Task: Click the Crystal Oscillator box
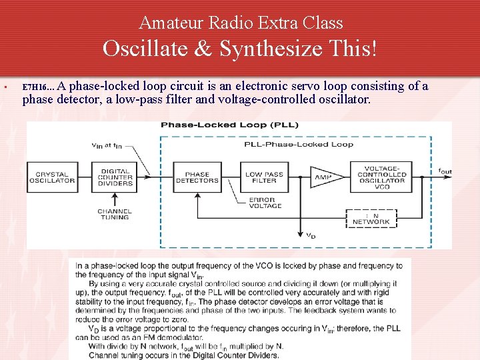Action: [x=52, y=177]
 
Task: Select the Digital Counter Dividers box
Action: [x=115, y=177]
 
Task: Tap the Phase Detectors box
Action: [x=197, y=177]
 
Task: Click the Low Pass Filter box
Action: [x=264, y=177]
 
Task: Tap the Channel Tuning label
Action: [x=115, y=214]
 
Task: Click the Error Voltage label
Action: [x=265, y=203]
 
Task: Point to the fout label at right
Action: [x=445, y=171]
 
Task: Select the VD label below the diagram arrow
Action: [x=311, y=235]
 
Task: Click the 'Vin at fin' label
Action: [x=108, y=146]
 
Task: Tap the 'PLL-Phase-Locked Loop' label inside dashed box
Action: [x=299, y=144]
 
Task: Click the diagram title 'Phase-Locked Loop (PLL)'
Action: [x=230, y=125]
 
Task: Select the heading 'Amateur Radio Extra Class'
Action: [x=241, y=23]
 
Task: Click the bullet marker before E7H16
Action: [x=5, y=87]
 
